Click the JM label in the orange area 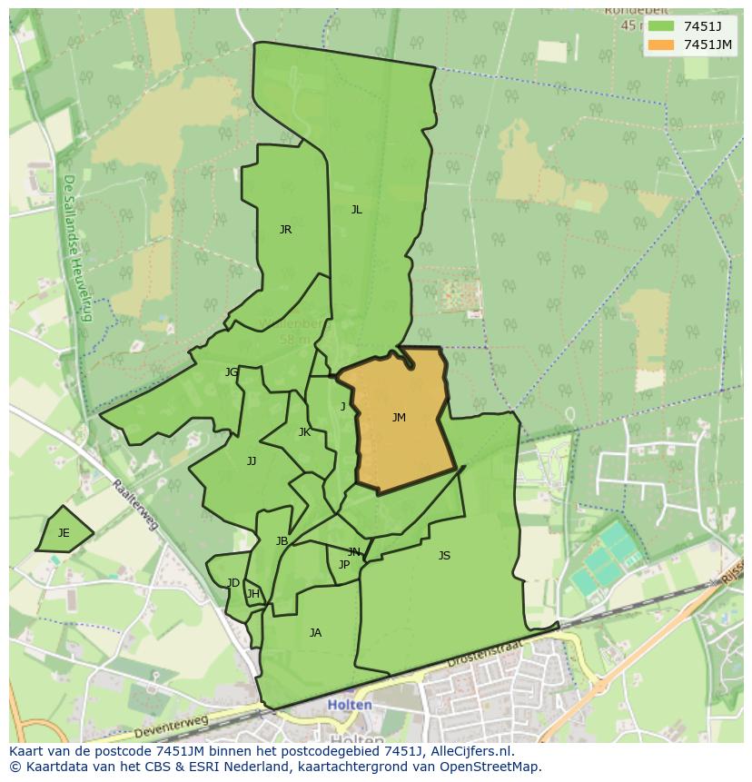[399, 418]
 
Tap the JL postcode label [356, 210]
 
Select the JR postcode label [285, 230]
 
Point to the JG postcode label [232, 372]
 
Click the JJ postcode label [252, 461]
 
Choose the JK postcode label [304, 432]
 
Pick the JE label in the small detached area [64, 533]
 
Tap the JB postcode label [282, 541]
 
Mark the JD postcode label [233, 583]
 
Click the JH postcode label [253, 595]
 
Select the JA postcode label [315, 633]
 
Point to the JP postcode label [344, 565]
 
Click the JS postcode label [444, 556]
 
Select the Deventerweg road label [171, 726]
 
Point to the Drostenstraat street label [487, 656]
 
